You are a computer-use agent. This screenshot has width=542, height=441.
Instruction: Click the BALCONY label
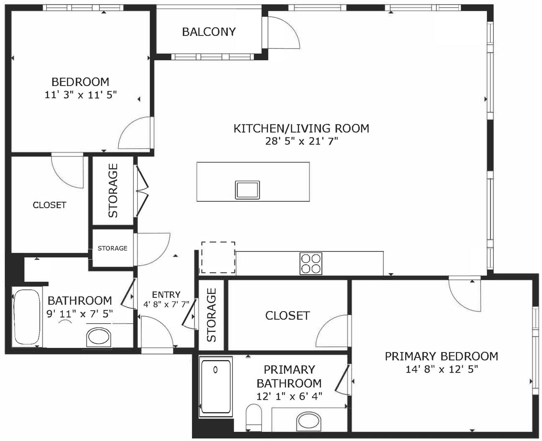(x=209, y=32)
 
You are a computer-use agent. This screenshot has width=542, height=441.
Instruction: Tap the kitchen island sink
(x=247, y=190)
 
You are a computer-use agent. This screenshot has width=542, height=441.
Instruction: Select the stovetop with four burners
(x=311, y=264)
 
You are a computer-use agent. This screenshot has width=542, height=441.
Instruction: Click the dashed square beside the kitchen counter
(x=218, y=257)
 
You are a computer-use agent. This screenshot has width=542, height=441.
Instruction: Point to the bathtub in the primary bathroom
(x=215, y=386)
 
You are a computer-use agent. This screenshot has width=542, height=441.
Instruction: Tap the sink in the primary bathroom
(x=309, y=422)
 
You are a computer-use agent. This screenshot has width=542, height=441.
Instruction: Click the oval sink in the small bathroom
(x=99, y=337)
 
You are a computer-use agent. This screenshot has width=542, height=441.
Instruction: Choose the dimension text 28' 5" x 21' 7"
(x=301, y=141)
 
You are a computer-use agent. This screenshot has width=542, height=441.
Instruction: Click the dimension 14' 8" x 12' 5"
(x=441, y=369)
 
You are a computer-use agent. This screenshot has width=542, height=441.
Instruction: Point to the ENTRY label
(x=166, y=294)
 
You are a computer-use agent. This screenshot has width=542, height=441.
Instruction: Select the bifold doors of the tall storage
(x=141, y=191)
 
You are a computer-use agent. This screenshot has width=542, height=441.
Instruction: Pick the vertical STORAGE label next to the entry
(x=212, y=315)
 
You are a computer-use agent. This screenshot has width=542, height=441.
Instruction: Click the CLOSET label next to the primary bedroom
(x=287, y=315)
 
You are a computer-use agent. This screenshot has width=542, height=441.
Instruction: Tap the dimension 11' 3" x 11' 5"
(x=80, y=95)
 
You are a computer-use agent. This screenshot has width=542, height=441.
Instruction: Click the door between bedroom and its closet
(x=67, y=171)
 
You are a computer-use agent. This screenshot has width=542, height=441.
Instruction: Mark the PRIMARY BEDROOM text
(x=441, y=356)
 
